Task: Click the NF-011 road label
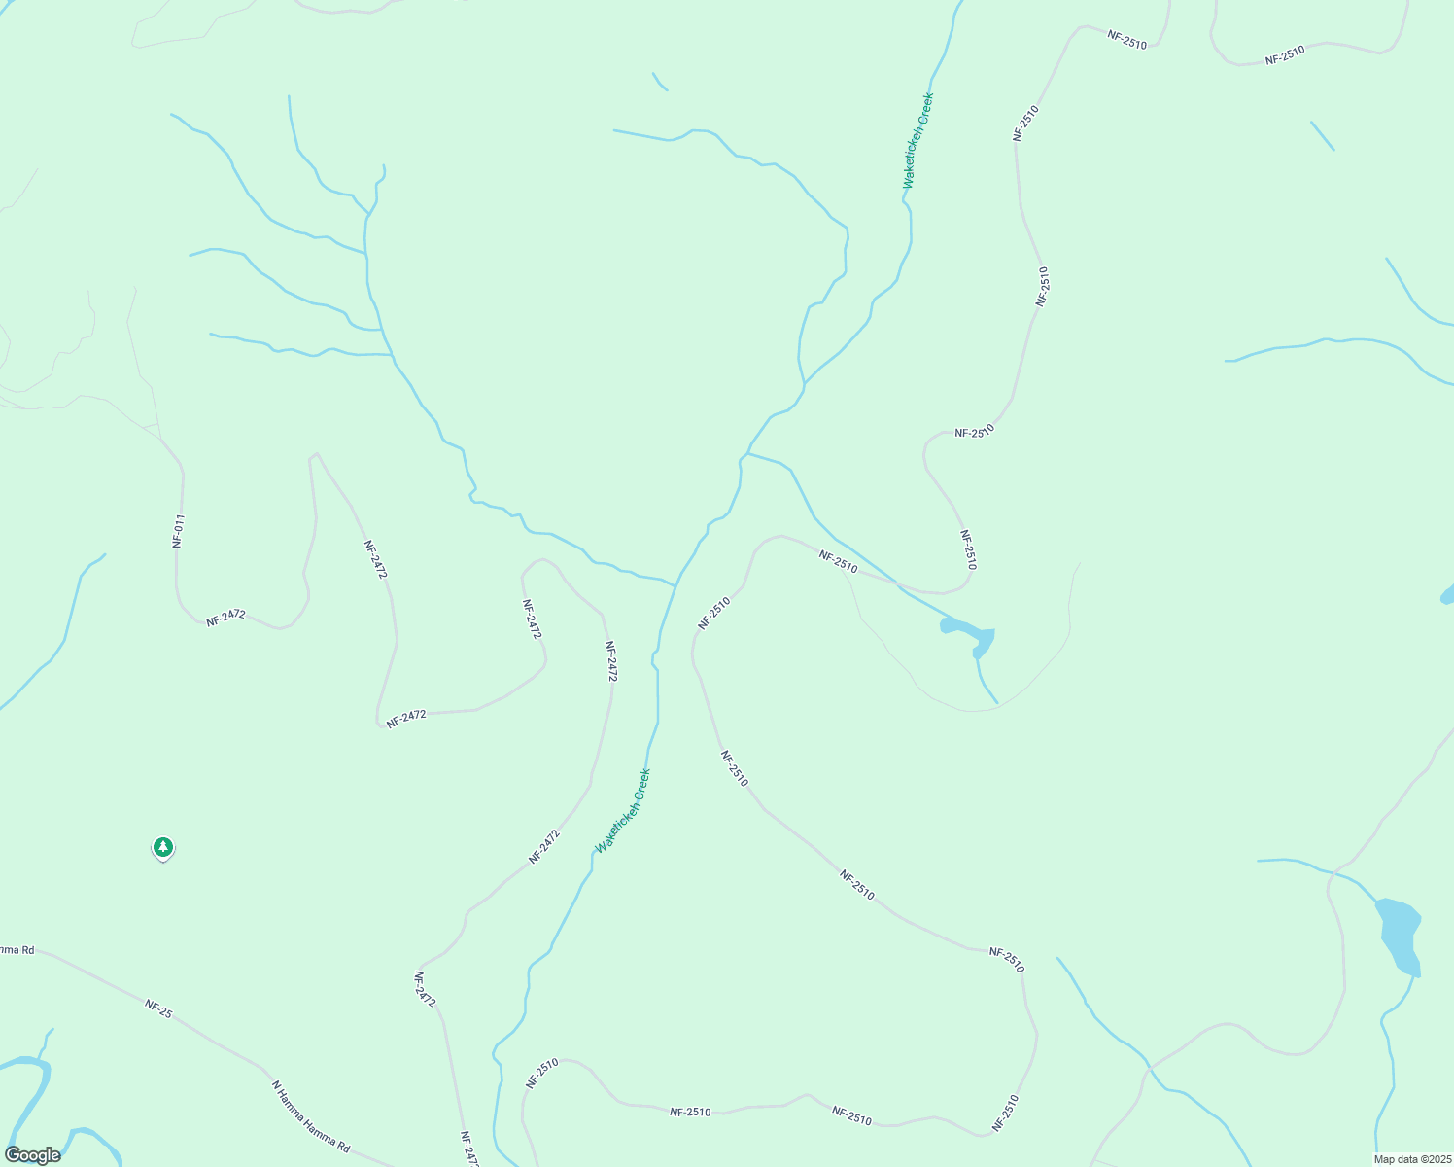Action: [x=178, y=531]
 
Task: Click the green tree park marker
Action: [x=163, y=848]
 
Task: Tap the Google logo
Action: [x=32, y=1155]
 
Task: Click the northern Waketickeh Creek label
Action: [x=917, y=141]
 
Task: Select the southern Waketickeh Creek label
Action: [x=622, y=811]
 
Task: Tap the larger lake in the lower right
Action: [x=1400, y=934]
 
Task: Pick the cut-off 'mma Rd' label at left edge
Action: [x=17, y=949]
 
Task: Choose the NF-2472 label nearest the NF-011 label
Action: [x=225, y=617]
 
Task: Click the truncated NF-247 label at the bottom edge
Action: [x=468, y=1149]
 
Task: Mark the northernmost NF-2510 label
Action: [x=1126, y=40]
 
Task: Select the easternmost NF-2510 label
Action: [x=1285, y=55]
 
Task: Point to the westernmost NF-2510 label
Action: [x=541, y=1074]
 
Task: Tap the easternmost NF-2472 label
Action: [x=610, y=660]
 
